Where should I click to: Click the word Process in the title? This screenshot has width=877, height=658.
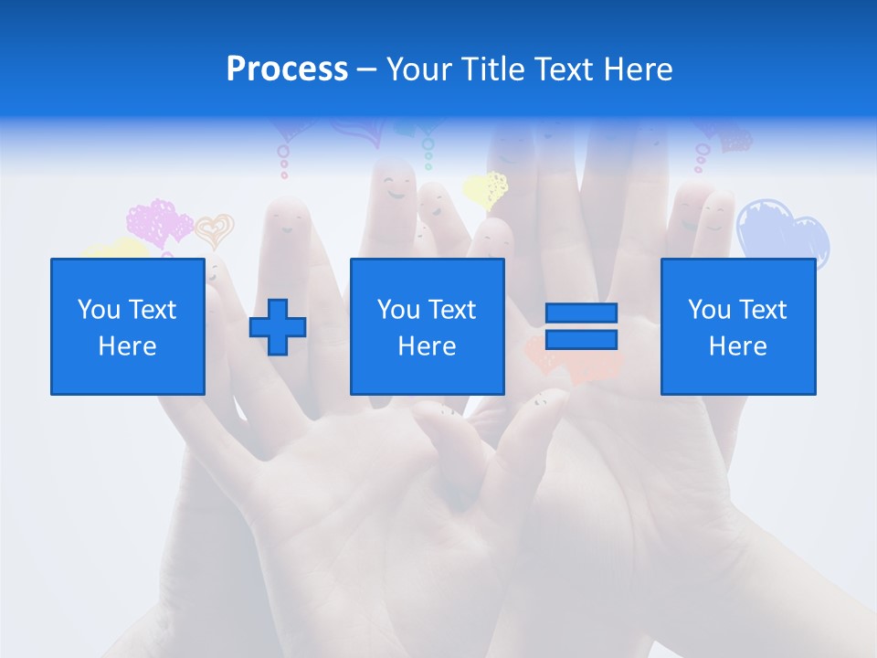(287, 69)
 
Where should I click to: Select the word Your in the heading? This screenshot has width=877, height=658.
(416, 69)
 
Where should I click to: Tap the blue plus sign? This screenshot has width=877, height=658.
(278, 327)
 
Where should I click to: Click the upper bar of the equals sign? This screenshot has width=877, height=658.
(581, 313)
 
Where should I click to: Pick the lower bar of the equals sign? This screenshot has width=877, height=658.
(581, 339)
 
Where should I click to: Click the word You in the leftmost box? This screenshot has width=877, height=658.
(98, 310)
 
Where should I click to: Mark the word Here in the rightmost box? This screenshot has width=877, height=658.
(737, 346)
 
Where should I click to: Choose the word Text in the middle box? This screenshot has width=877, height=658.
(451, 310)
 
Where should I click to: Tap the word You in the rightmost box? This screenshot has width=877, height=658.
(708, 310)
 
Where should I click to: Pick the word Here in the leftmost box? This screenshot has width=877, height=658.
(127, 346)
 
